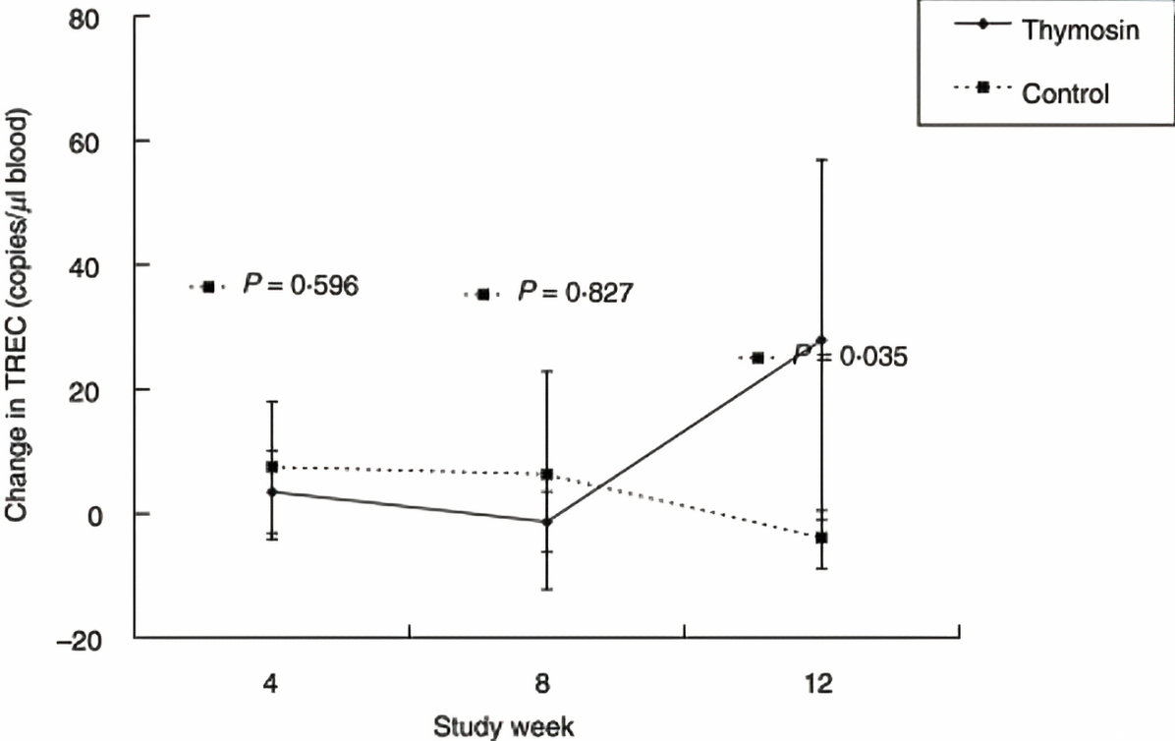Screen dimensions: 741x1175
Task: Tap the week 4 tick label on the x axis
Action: [x=271, y=682]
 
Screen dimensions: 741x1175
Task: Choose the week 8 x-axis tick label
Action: [x=546, y=682]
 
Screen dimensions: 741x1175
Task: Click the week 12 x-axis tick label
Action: [x=821, y=682]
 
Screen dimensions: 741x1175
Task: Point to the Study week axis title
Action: [x=504, y=726]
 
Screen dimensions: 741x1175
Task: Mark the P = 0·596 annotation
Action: [x=300, y=286]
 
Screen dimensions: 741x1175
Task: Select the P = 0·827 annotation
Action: [x=575, y=293]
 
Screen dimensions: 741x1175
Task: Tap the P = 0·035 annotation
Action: [x=850, y=358]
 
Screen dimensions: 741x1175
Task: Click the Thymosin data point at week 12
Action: [x=821, y=340]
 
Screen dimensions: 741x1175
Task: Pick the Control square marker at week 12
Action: [x=821, y=538]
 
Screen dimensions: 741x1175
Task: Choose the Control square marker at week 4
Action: [x=272, y=467]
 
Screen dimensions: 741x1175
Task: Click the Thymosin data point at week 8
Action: [x=546, y=522]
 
